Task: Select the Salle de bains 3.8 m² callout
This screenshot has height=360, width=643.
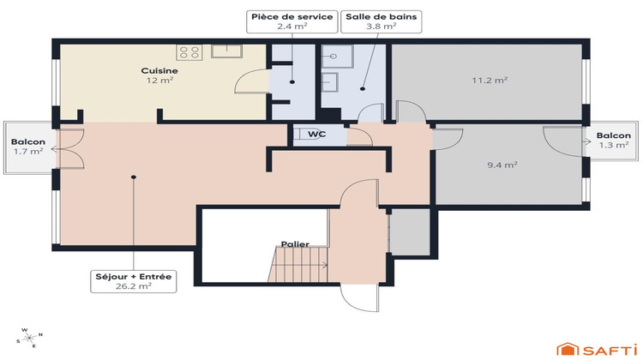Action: click(370, 21)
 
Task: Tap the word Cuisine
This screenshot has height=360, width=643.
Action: click(159, 70)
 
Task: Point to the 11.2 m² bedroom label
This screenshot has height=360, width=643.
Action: click(490, 80)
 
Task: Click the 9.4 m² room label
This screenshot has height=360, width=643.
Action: click(502, 165)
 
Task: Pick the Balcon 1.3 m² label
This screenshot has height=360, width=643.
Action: click(614, 141)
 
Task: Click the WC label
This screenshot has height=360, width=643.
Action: click(316, 135)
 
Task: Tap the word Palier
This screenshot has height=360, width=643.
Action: click(295, 244)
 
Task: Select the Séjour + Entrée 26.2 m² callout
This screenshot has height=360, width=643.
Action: click(134, 281)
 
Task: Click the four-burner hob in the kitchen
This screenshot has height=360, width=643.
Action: click(190, 52)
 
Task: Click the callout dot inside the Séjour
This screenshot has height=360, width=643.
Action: click(134, 177)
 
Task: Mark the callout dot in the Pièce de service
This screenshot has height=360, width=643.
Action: click(291, 83)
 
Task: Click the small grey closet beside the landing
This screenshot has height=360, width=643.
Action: click(410, 231)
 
